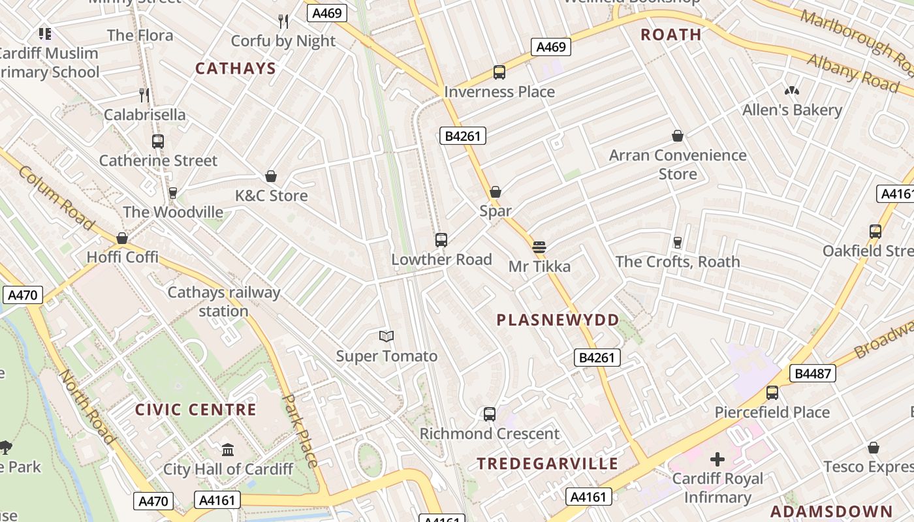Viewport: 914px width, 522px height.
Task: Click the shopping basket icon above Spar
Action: click(496, 192)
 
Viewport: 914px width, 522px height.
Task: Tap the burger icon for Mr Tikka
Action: click(539, 247)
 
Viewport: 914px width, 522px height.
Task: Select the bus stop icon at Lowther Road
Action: click(441, 240)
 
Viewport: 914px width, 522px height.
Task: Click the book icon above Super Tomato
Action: click(386, 336)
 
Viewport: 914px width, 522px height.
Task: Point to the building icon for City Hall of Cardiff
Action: click(228, 450)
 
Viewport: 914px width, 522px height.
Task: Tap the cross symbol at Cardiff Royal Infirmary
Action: click(717, 459)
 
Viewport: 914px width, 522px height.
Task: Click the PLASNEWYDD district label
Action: click(558, 320)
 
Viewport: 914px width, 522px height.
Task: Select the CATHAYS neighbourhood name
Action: click(236, 69)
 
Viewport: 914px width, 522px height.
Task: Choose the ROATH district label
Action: click(671, 35)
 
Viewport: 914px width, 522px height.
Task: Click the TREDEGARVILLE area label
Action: click(547, 464)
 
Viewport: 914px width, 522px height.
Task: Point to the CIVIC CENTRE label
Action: click(196, 410)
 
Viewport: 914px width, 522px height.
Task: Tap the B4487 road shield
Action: click(812, 373)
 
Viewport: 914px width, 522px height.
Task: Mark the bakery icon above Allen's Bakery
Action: click(792, 91)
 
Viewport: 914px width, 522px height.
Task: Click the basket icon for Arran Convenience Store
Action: click(678, 136)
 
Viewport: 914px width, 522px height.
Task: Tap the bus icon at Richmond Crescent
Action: click(490, 414)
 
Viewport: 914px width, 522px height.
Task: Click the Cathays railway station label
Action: click(224, 301)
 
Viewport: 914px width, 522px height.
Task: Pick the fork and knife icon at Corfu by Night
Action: click(283, 22)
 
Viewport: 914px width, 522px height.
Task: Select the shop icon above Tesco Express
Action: click(874, 448)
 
